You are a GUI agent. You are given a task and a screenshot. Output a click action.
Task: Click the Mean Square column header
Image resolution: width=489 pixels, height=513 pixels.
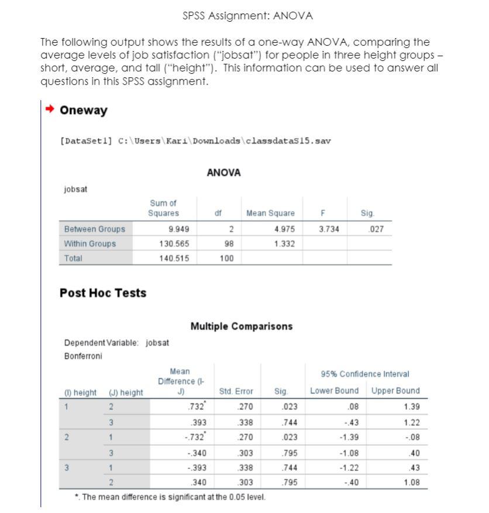[x=270, y=214]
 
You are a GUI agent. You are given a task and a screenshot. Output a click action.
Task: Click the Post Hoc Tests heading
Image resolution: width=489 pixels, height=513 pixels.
[x=103, y=293]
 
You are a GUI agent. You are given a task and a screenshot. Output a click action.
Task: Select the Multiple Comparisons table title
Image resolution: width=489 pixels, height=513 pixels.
[x=241, y=326]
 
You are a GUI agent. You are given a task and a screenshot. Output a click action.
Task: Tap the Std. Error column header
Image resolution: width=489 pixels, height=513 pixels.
[x=235, y=391]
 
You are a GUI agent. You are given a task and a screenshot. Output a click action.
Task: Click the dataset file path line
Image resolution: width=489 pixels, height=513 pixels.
[x=196, y=141]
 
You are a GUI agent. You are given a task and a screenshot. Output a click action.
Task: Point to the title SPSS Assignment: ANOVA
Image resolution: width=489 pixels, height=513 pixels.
[x=247, y=16]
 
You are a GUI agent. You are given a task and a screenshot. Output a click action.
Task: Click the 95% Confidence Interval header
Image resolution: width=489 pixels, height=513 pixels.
[x=365, y=374]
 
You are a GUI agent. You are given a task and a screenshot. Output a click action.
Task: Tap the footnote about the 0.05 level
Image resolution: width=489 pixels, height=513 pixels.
[x=170, y=497]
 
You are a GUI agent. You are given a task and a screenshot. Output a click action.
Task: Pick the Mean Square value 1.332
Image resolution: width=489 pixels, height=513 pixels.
[x=284, y=243]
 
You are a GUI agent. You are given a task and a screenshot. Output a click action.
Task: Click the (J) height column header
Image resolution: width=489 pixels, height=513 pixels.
[x=126, y=391]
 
